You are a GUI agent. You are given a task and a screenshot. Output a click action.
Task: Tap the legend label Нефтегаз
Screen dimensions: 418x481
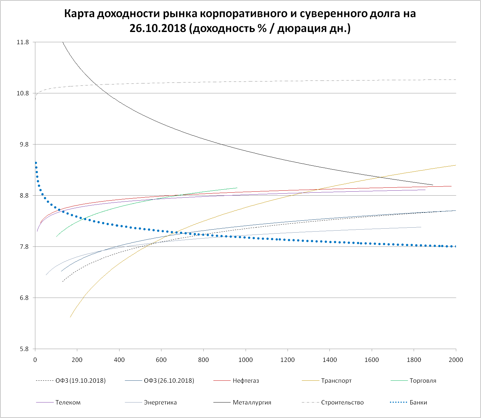click(x=246, y=381)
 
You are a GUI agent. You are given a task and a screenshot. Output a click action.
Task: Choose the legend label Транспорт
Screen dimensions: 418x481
click(x=336, y=381)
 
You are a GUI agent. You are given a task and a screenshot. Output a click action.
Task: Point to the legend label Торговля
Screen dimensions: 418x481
click(x=423, y=381)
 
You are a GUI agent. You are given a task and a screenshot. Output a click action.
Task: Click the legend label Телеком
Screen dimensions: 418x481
click(x=68, y=402)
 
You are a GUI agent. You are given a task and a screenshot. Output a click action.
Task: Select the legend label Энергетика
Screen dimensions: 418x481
click(x=160, y=402)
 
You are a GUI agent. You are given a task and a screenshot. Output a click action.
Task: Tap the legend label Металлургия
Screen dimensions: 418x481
click(x=252, y=402)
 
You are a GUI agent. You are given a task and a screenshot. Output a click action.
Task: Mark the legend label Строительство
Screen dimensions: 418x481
click(x=342, y=402)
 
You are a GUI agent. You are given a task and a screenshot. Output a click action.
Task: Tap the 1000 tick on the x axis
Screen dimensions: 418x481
click(x=245, y=360)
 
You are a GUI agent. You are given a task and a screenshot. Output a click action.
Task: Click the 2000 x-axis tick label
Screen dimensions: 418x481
click(x=456, y=360)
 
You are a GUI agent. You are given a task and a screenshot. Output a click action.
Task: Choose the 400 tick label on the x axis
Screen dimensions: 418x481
click(x=119, y=360)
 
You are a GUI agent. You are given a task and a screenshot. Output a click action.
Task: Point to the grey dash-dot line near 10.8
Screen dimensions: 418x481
click(x=231, y=81)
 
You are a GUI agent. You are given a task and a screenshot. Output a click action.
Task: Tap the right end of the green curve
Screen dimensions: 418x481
click(x=236, y=188)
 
